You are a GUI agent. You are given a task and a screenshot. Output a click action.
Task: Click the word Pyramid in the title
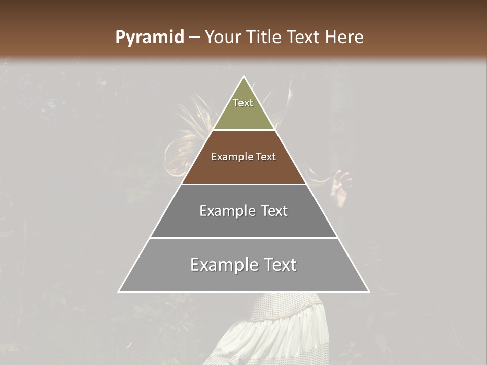(149, 38)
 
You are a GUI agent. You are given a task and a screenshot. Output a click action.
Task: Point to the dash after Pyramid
(194, 38)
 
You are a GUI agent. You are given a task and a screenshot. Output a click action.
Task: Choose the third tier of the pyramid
(243, 223)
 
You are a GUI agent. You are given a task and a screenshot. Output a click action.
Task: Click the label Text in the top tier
(243, 103)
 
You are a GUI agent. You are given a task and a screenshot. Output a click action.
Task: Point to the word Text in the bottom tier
(279, 265)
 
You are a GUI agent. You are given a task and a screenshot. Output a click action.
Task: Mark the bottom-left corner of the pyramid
(119, 292)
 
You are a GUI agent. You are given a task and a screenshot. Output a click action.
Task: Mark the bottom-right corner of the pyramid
(369, 292)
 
